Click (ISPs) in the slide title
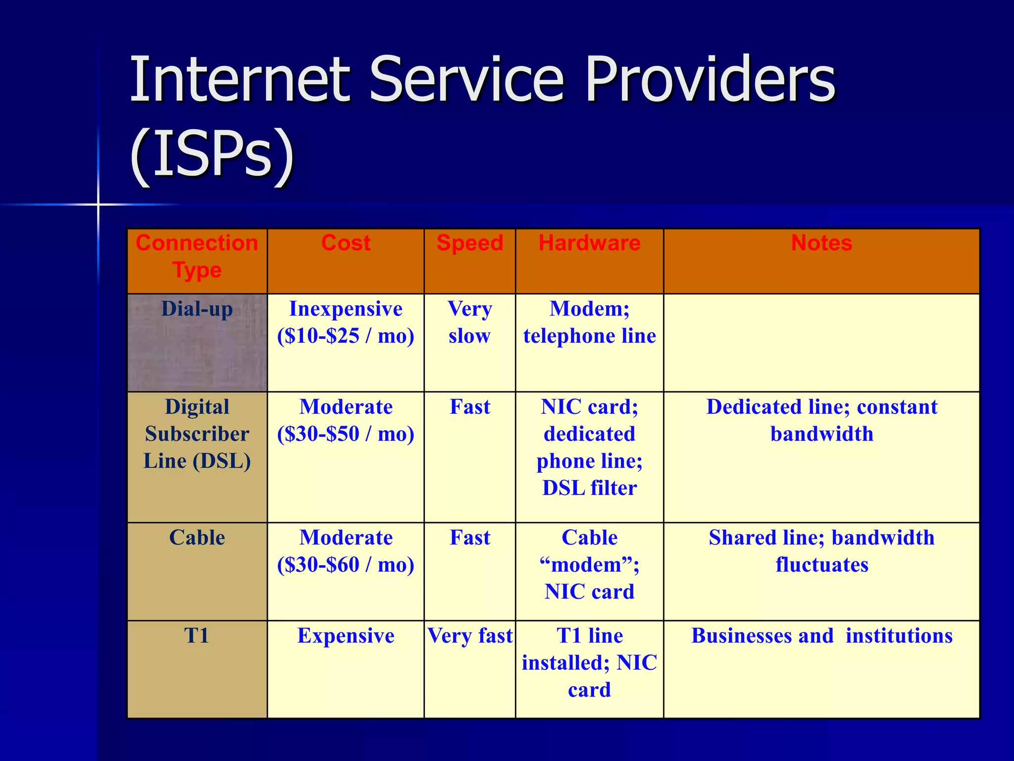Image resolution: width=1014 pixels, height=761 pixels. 212,154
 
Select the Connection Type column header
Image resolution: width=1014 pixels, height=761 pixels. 197,257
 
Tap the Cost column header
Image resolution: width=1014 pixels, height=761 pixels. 346,243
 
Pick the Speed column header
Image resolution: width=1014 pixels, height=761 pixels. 469,243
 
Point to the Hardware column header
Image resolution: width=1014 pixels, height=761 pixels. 589,243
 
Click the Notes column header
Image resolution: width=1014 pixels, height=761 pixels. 821,243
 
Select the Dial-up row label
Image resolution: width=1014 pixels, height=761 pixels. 197,309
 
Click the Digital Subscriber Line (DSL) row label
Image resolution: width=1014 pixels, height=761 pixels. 197,434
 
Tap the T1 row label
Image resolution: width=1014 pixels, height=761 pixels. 197,636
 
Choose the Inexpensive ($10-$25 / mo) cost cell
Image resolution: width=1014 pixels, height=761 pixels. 346,323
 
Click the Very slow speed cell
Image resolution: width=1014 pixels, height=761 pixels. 469,323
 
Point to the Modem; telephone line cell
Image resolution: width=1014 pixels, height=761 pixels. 589,323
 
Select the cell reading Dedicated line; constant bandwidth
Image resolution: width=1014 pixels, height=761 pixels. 821,421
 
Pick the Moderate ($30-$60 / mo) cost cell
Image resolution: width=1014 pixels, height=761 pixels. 346,551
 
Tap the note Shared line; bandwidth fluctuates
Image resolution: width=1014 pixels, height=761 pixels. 821,551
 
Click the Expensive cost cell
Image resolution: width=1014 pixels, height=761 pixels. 346,636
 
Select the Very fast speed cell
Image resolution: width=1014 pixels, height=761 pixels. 469,636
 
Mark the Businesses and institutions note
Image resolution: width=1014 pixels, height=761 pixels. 821,636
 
